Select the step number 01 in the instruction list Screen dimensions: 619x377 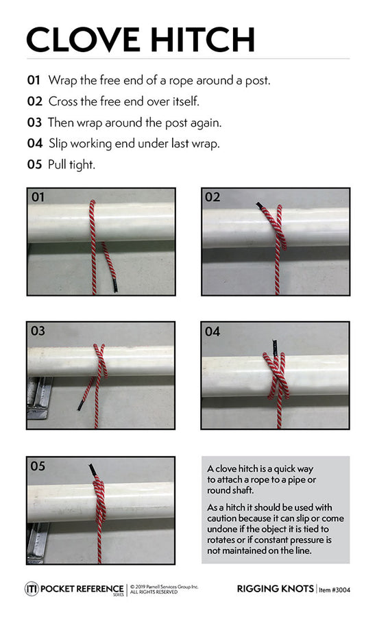point(34,80)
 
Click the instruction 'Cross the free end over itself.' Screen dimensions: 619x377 point(123,101)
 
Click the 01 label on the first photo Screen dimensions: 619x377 point(38,197)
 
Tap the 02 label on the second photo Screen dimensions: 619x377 point(212,197)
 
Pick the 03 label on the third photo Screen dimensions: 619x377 point(38,331)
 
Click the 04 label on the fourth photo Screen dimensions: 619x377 point(212,331)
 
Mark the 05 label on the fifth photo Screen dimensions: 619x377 point(38,466)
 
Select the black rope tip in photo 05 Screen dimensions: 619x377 point(93,471)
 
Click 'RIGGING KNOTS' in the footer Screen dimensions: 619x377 point(275,589)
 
